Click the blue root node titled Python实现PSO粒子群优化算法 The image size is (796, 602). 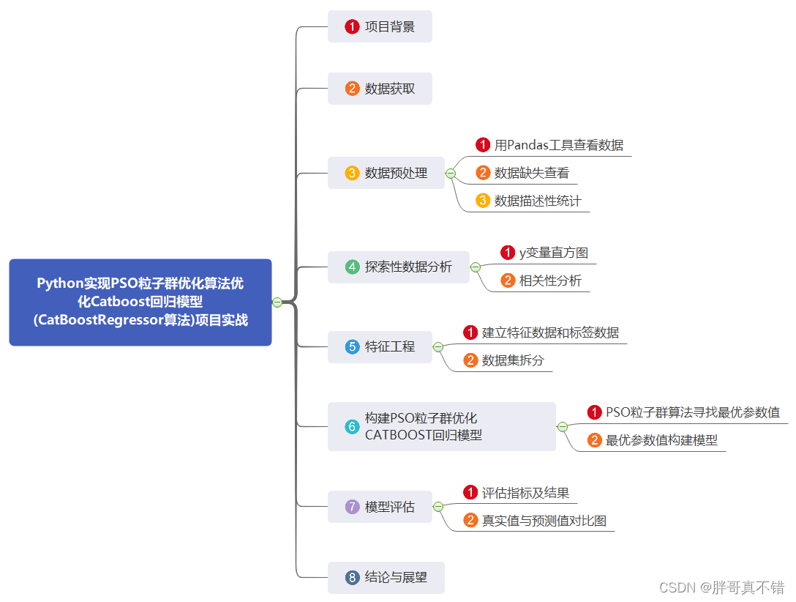[x=140, y=302]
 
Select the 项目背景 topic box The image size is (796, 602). [x=380, y=27]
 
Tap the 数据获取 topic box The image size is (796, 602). [x=380, y=89]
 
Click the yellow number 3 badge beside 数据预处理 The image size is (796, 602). [x=353, y=174]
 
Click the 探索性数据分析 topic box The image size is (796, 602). [x=399, y=267]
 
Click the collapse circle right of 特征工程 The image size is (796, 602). [x=438, y=346]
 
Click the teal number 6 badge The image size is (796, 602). [x=353, y=426]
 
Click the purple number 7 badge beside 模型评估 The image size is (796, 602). [x=353, y=507]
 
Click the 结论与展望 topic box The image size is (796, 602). [x=386, y=577]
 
